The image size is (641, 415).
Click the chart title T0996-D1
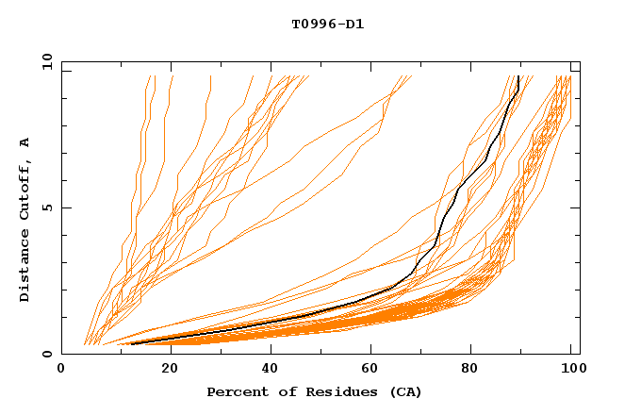point(327,23)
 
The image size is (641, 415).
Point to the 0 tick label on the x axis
point(61,370)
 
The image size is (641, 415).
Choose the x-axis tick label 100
point(572,370)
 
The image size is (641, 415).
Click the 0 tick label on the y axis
point(47,355)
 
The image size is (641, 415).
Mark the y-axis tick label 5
point(47,207)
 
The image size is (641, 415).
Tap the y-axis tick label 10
point(43,61)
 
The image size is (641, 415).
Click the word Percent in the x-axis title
point(233,391)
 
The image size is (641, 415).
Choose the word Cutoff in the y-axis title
point(25,188)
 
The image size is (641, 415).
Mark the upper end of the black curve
point(518,76)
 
